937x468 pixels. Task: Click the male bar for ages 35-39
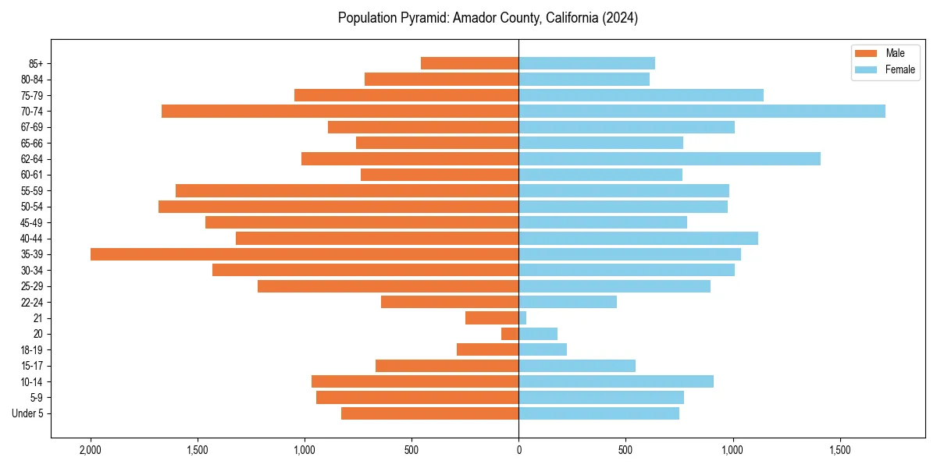(x=305, y=254)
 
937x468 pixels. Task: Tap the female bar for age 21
(x=522, y=318)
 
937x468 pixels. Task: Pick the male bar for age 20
(x=510, y=334)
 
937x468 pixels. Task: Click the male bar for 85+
(x=469, y=63)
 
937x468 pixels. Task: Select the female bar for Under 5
(x=599, y=413)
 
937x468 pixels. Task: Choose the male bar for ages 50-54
(x=338, y=207)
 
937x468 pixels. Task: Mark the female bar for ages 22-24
(x=568, y=302)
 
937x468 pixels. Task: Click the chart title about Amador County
(x=488, y=18)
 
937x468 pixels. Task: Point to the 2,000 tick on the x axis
(x=91, y=450)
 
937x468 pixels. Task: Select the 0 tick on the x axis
(x=518, y=450)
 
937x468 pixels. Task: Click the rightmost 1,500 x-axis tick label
(x=839, y=450)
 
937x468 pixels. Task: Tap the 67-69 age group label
(x=33, y=127)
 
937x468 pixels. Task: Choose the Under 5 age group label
(x=28, y=413)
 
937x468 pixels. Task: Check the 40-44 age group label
(x=33, y=239)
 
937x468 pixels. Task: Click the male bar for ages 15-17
(x=447, y=366)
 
